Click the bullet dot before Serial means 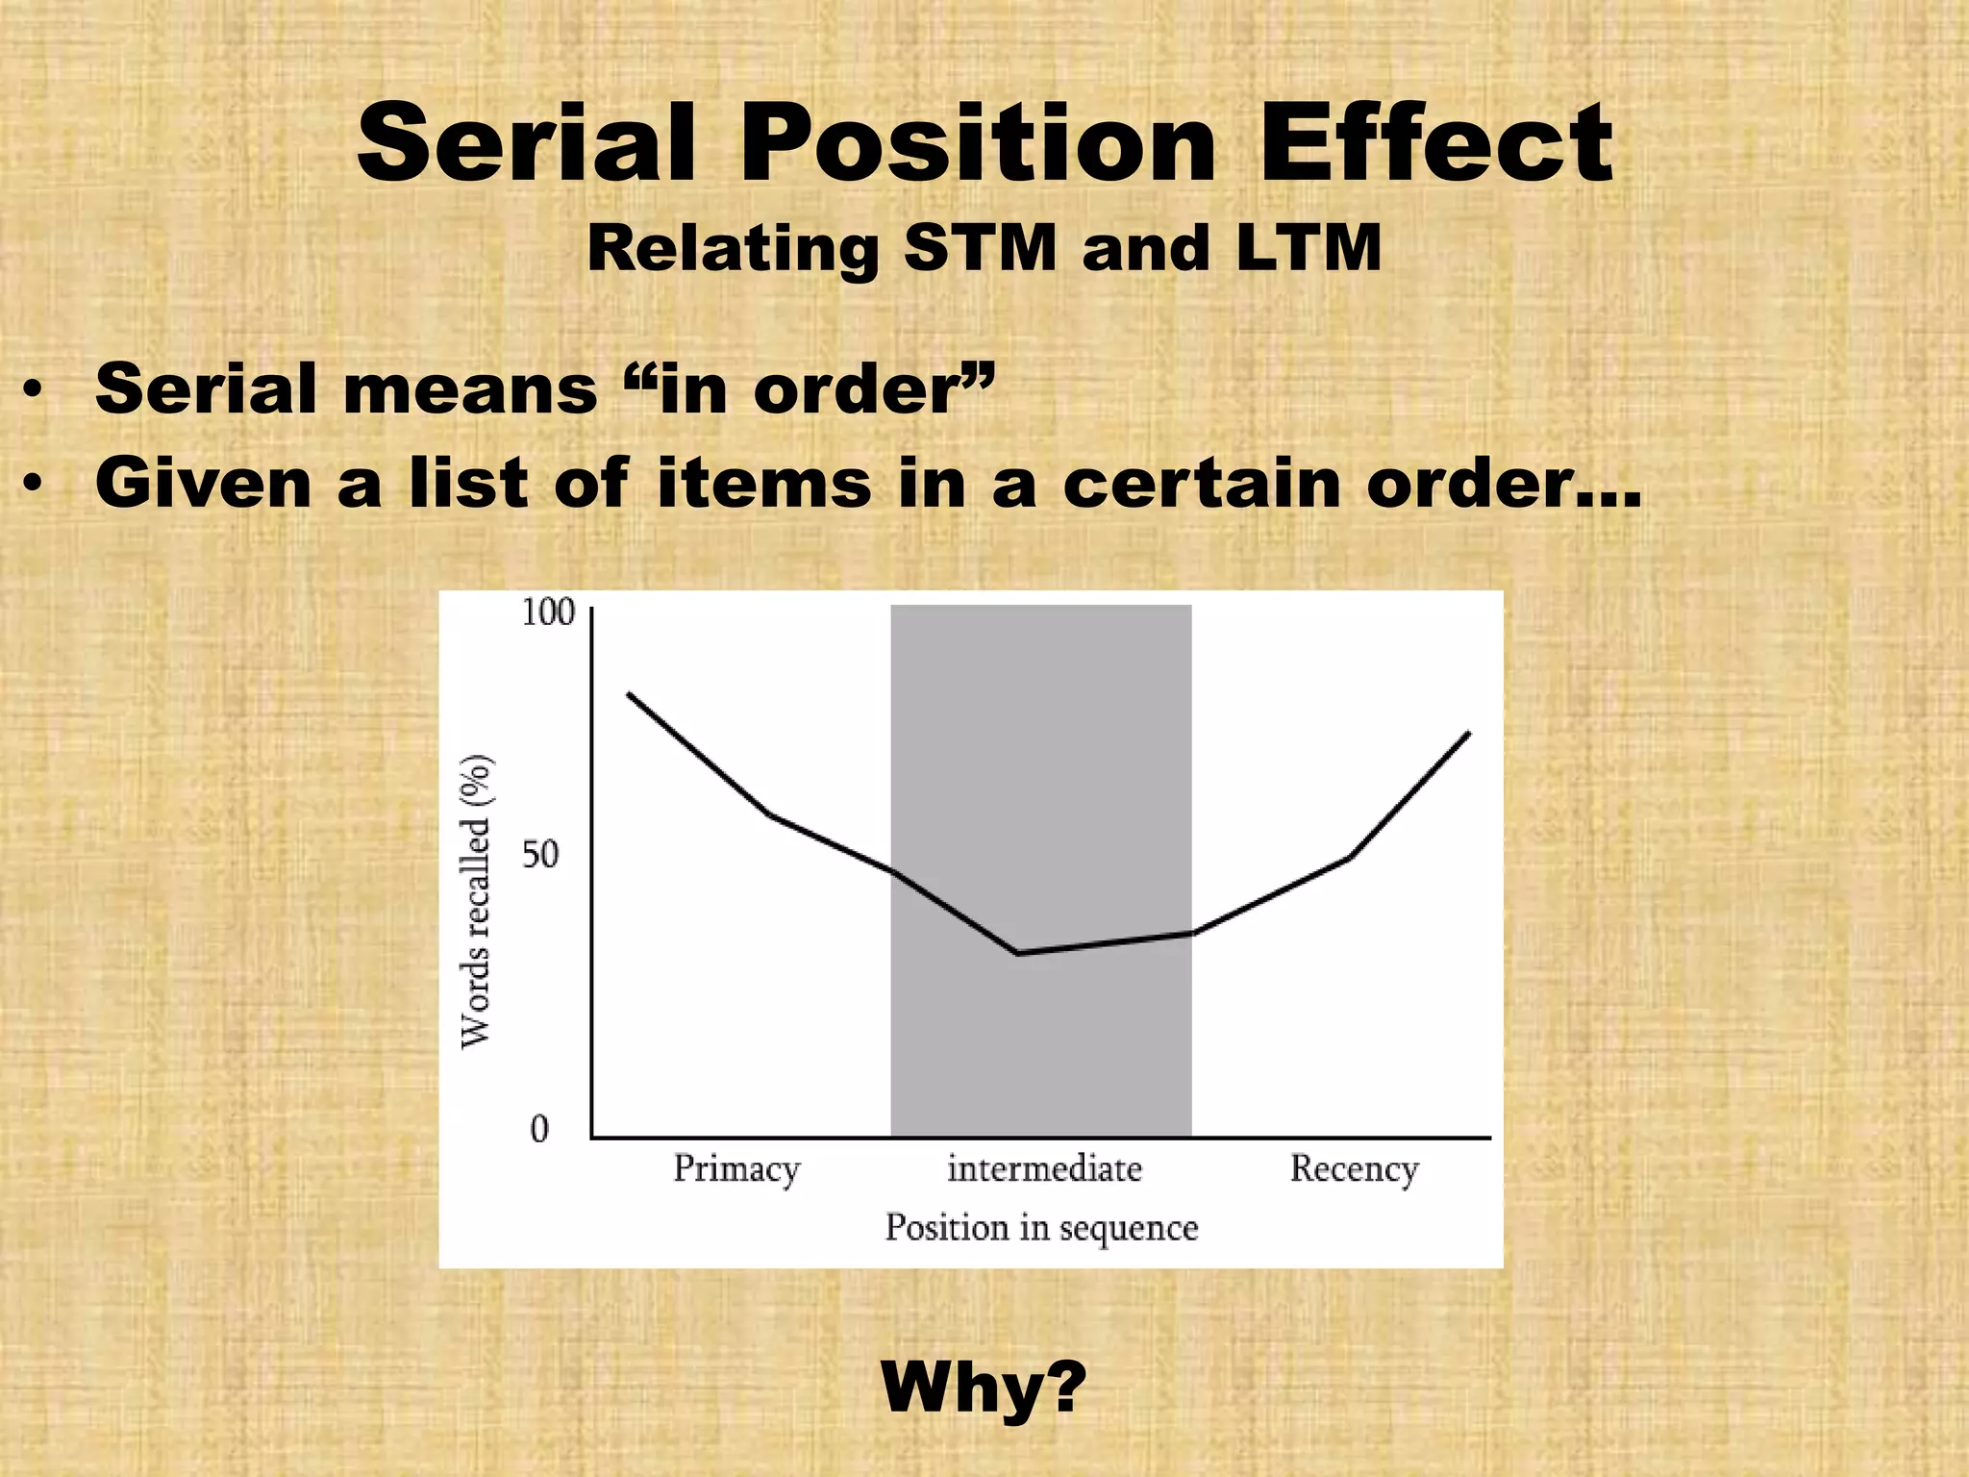click(x=34, y=392)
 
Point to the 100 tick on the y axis click(x=548, y=613)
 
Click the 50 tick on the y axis click(x=540, y=854)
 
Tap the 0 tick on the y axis click(x=539, y=1129)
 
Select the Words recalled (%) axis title click(x=477, y=901)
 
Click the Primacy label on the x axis click(x=736, y=1169)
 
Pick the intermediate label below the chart click(x=1045, y=1169)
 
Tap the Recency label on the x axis click(x=1354, y=1169)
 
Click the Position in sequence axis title click(x=1041, y=1228)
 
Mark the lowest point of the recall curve click(x=1017, y=953)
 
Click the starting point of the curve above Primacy click(x=629, y=693)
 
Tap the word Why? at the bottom click(x=984, y=1388)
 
